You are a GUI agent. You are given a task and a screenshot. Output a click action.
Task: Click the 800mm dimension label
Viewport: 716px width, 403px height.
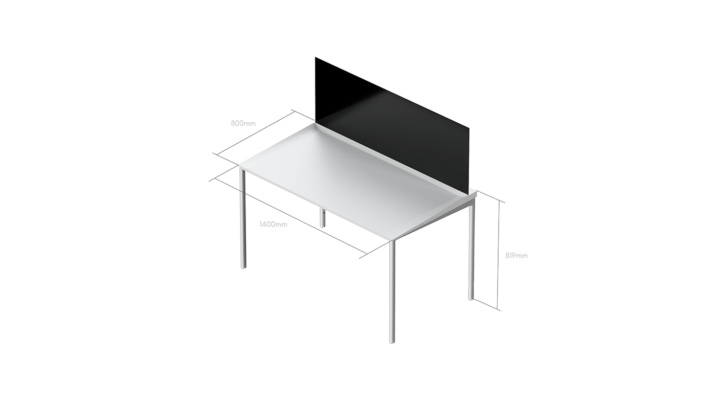tap(243, 123)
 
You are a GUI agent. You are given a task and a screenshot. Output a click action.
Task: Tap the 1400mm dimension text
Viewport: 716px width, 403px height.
tap(273, 224)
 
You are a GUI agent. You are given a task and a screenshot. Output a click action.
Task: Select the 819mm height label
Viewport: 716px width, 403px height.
tap(516, 255)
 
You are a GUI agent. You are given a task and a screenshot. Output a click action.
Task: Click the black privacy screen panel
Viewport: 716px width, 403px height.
tap(389, 128)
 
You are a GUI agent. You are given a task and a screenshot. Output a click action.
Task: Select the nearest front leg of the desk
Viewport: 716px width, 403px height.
tap(392, 292)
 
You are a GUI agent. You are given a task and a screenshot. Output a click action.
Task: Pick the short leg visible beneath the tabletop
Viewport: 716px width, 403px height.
tap(322, 217)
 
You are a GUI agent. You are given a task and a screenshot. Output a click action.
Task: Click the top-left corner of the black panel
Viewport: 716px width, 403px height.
tap(316, 57)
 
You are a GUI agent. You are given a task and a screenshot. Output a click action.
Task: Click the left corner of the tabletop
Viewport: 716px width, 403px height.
tap(239, 165)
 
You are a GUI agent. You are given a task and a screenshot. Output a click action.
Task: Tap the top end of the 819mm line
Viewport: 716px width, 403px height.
tap(500, 201)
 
